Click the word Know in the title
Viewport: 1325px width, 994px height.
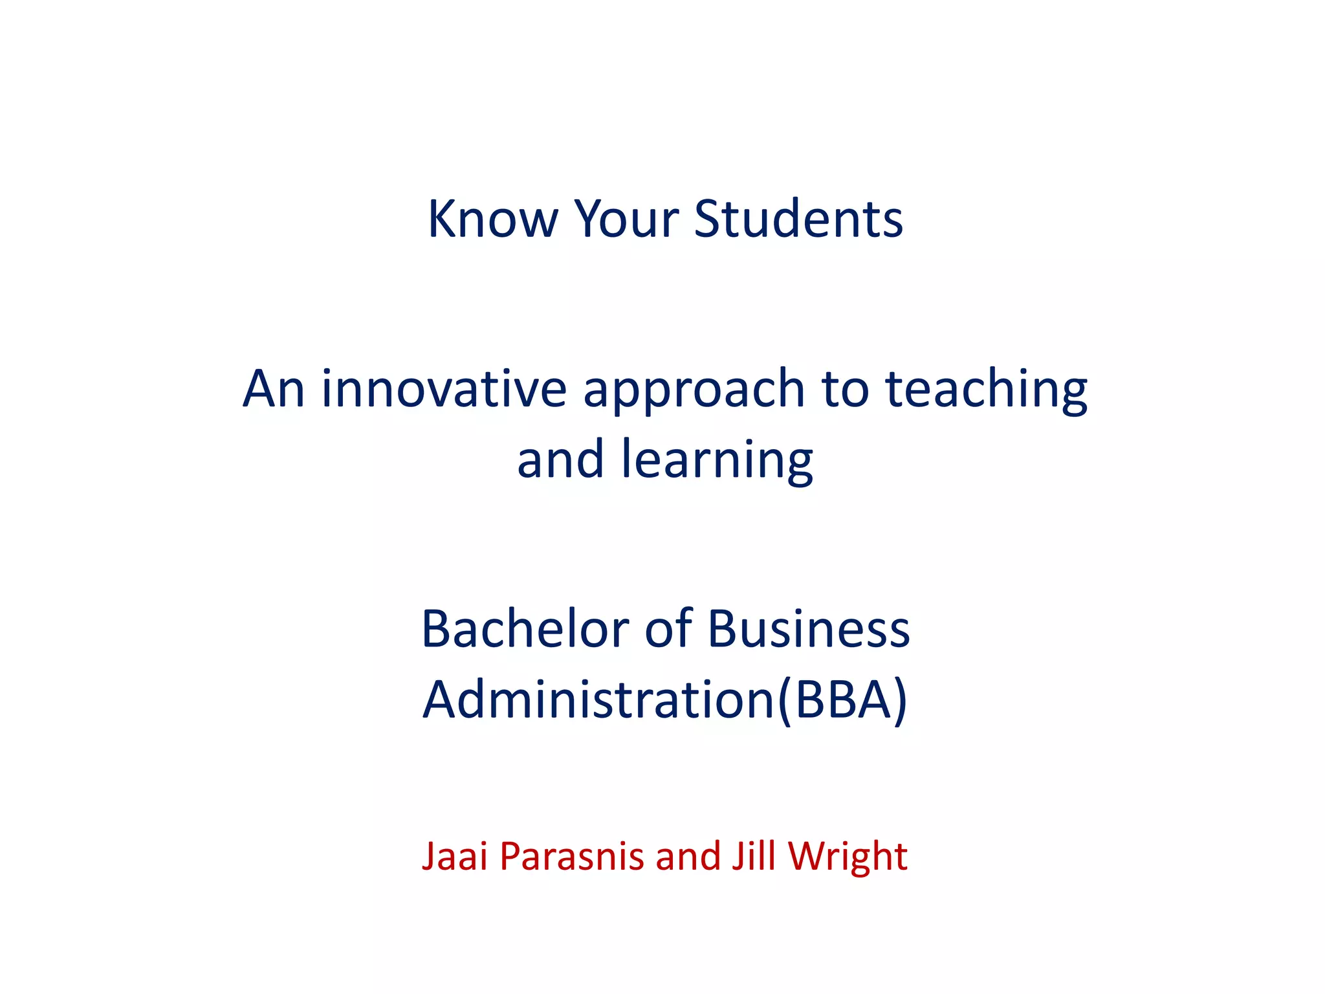pyautogui.click(x=492, y=219)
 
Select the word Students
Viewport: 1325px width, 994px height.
pyautogui.click(x=798, y=219)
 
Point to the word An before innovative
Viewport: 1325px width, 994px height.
pyautogui.click(x=273, y=389)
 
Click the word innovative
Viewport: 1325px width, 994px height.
pyautogui.click(x=444, y=389)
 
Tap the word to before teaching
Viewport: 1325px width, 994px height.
pyautogui.click(x=844, y=390)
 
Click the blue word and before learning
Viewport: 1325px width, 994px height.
pyautogui.click(x=560, y=459)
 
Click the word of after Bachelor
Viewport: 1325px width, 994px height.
pyautogui.click(x=668, y=629)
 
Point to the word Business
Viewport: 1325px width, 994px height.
pyautogui.click(x=809, y=629)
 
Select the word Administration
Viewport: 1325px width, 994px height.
pyautogui.click(x=598, y=700)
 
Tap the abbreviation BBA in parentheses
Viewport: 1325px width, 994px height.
pyautogui.click(x=844, y=700)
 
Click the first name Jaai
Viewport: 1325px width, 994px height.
pyautogui.click(x=454, y=856)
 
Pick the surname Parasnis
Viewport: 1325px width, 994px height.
pyautogui.click(x=572, y=856)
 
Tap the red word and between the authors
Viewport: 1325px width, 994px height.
pyautogui.click(x=688, y=856)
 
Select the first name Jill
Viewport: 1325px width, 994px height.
pyautogui.click(x=753, y=856)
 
